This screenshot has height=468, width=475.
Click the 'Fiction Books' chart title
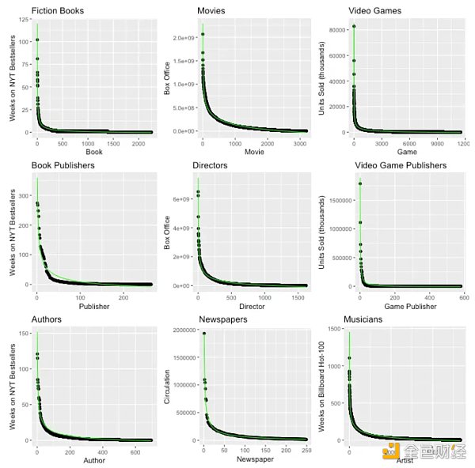click(x=58, y=11)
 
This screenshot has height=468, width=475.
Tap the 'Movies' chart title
click(x=209, y=11)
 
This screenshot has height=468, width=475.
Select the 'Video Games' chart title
click(x=374, y=11)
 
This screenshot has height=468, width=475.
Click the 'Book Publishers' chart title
click(x=63, y=165)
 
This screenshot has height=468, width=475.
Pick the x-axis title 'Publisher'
click(x=94, y=306)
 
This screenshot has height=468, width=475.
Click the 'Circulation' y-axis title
click(x=167, y=387)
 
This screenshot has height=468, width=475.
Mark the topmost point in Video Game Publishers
click(x=360, y=184)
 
